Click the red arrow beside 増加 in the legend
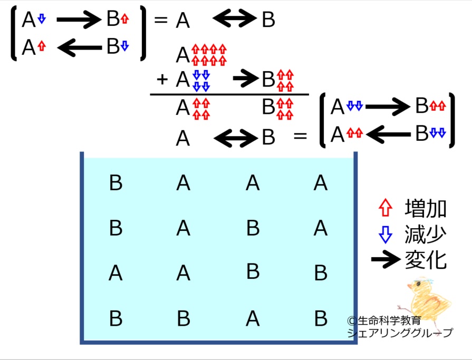[386, 208]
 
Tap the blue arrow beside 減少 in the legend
[386, 234]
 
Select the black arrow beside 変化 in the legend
[386, 259]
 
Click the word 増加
[426, 208]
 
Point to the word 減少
[426, 234]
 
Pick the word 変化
[426, 259]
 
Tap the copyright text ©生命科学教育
[384, 320]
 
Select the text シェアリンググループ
[400, 333]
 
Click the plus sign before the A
[162, 80]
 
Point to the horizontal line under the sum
[229, 94]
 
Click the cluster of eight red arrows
[209, 55]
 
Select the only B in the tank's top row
[116, 182]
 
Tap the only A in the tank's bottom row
[253, 318]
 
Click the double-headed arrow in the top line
[235, 18]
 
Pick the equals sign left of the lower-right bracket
[300, 136]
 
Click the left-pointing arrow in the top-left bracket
[80, 47]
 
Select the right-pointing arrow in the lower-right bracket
[388, 106]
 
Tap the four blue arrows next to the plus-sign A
[201, 81]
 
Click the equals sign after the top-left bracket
[161, 20]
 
